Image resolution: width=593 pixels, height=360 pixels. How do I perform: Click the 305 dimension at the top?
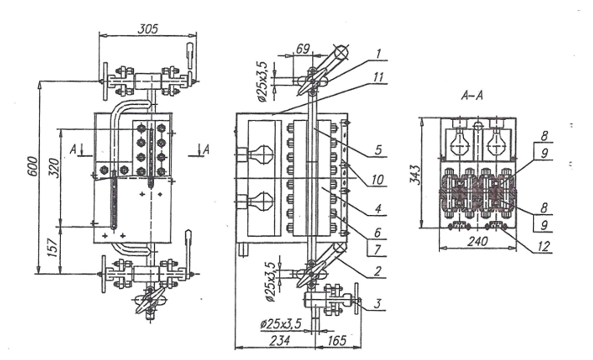(148, 29)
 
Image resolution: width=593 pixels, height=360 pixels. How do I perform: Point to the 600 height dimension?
(33, 166)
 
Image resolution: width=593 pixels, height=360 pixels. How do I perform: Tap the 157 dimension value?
(54, 247)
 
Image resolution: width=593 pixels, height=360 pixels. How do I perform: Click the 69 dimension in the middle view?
(302, 48)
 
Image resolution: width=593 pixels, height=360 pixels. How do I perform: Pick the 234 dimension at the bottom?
(280, 340)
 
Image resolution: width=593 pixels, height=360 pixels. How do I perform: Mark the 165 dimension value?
(336, 340)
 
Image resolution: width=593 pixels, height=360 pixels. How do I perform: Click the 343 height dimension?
(416, 175)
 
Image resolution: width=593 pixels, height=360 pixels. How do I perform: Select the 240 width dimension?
(478, 241)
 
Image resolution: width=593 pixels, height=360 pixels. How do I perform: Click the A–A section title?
(472, 96)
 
